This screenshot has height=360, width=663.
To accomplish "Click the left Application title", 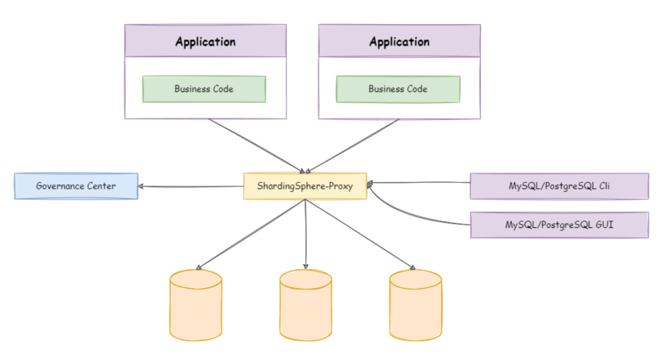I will [x=205, y=42].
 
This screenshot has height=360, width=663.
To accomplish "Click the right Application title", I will [x=399, y=42].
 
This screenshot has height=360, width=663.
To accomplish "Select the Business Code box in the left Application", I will [x=204, y=89].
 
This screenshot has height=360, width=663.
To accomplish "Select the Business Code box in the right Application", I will [x=398, y=89].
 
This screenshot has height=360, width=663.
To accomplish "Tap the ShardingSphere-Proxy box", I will [x=305, y=186].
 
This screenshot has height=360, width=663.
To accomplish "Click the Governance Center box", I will [x=76, y=186].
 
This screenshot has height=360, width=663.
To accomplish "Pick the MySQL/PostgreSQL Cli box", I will [x=559, y=186].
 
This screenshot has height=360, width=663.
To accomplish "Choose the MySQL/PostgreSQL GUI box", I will [x=559, y=225].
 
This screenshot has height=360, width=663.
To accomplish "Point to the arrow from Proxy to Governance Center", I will [x=191, y=186].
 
